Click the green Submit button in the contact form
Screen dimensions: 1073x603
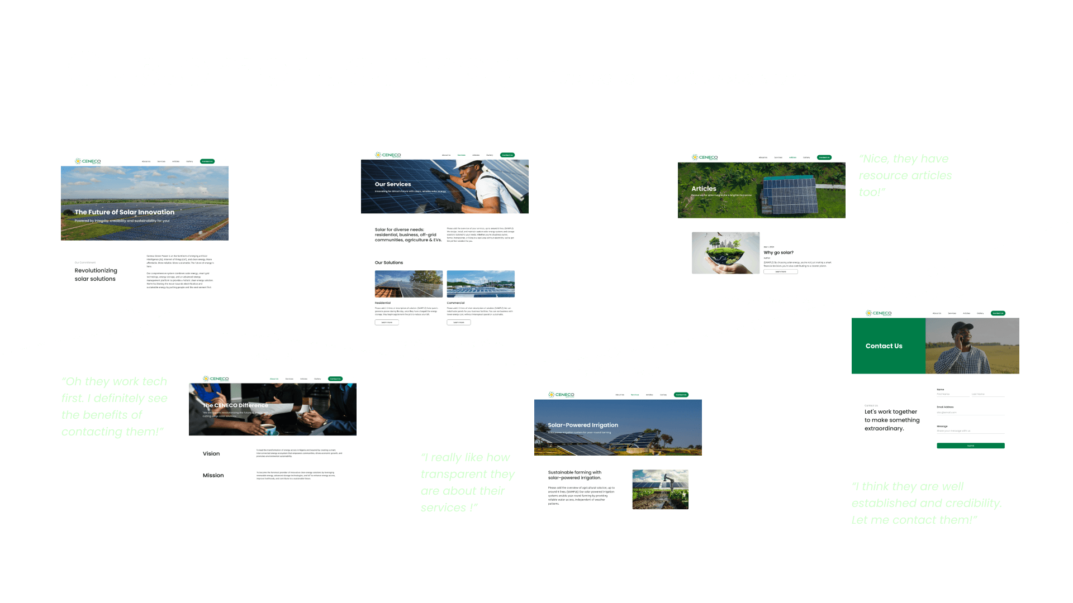(970, 446)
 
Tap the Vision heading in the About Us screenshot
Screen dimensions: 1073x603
(211, 453)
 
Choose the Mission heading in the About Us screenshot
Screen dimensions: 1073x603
(213, 475)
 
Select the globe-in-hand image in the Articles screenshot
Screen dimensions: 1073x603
(725, 253)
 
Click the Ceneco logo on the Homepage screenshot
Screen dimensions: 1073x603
(88, 161)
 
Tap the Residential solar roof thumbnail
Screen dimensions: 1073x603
(409, 284)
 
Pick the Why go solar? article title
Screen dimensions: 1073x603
(778, 252)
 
